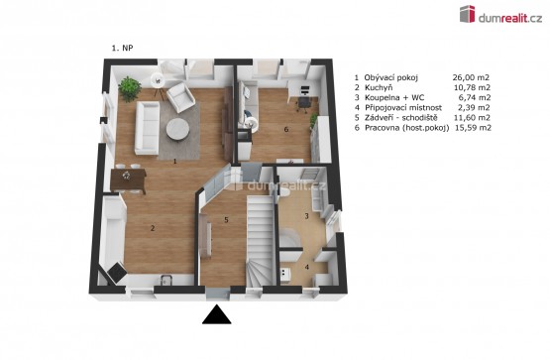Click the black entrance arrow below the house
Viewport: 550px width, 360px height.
click(x=217, y=314)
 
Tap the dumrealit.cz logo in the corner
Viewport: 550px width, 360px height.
click(x=500, y=15)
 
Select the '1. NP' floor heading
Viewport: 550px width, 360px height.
click(x=123, y=48)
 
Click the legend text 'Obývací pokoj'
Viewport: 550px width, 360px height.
click(x=391, y=77)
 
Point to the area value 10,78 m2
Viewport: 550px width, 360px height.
click(x=472, y=87)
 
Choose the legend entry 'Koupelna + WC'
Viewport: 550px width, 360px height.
click(x=394, y=97)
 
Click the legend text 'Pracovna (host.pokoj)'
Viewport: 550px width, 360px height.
click(x=407, y=128)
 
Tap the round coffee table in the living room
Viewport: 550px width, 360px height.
click(x=177, y=129)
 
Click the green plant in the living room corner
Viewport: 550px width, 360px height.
click(x=130, y=88)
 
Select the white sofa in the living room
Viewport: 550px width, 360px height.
click(x=147, y=127)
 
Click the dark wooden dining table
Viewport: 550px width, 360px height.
click(x=128, y=180)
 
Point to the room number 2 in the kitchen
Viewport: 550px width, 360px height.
click(x=153, y=228)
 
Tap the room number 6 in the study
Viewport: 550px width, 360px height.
click(x=286, y=130)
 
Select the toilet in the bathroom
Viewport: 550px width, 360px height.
click(x=283, y=191)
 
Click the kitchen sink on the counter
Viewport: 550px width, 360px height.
click(x=165, y=280)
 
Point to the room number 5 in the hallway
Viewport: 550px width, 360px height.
click(x=226, y=220)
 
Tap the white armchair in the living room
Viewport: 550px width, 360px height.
click(x=180, y=97)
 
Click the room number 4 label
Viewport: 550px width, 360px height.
click(x=307, y=267)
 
